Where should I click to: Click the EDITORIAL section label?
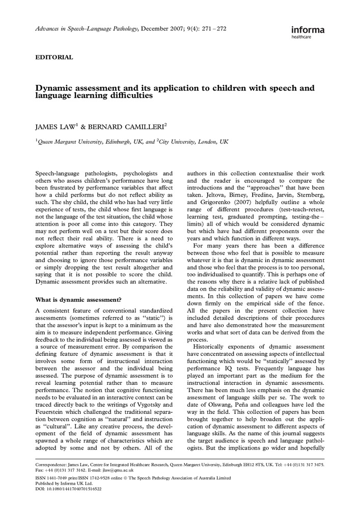click(x=54, y=58)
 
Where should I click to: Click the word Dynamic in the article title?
click(x=56, y=88)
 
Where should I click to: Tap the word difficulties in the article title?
click(x=128, y=96)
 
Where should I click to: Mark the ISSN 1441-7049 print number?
click(x=59, y=478)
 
